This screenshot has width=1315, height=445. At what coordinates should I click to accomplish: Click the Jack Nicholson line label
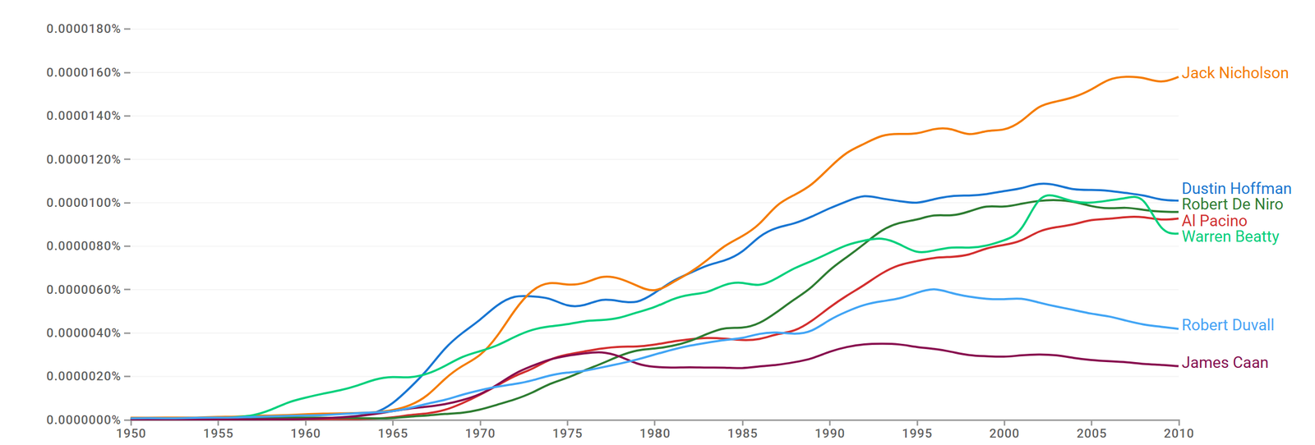click(1234, 73)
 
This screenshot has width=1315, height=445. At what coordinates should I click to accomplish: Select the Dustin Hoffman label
click(1236, 189)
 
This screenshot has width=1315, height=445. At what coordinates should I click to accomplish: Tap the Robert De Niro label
click(1232, 204)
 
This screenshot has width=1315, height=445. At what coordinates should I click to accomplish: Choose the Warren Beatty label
click(1230, 236)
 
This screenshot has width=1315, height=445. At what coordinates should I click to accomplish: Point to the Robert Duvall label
click(1228, 325)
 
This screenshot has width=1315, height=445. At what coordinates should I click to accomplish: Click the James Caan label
click(1225, 363)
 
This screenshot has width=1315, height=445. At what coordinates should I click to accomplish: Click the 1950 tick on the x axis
click(131, 434)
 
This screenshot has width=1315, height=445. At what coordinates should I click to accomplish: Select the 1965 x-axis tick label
click(393, 434)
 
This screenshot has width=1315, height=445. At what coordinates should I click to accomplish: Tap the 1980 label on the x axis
click(655, 434)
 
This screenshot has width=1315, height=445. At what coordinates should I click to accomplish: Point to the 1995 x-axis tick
click(917, 434)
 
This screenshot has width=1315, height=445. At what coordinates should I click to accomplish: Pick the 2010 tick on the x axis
click(1179, 434)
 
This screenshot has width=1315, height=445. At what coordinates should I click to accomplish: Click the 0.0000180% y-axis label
click(83, 29)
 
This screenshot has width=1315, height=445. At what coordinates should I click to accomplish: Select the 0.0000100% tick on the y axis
click(83, 203)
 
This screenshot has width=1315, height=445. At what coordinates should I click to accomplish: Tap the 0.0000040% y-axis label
click(83, 333)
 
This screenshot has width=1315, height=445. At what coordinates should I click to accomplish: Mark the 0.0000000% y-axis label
click(83, 420)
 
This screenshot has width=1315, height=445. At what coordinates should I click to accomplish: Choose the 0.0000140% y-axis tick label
click(83, 116)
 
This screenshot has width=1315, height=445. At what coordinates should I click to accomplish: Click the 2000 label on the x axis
click(1004, 434)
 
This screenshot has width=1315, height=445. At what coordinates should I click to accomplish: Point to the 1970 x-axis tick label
click(480, 434)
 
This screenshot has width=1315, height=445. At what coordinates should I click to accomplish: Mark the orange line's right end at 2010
click(1178, 77)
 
